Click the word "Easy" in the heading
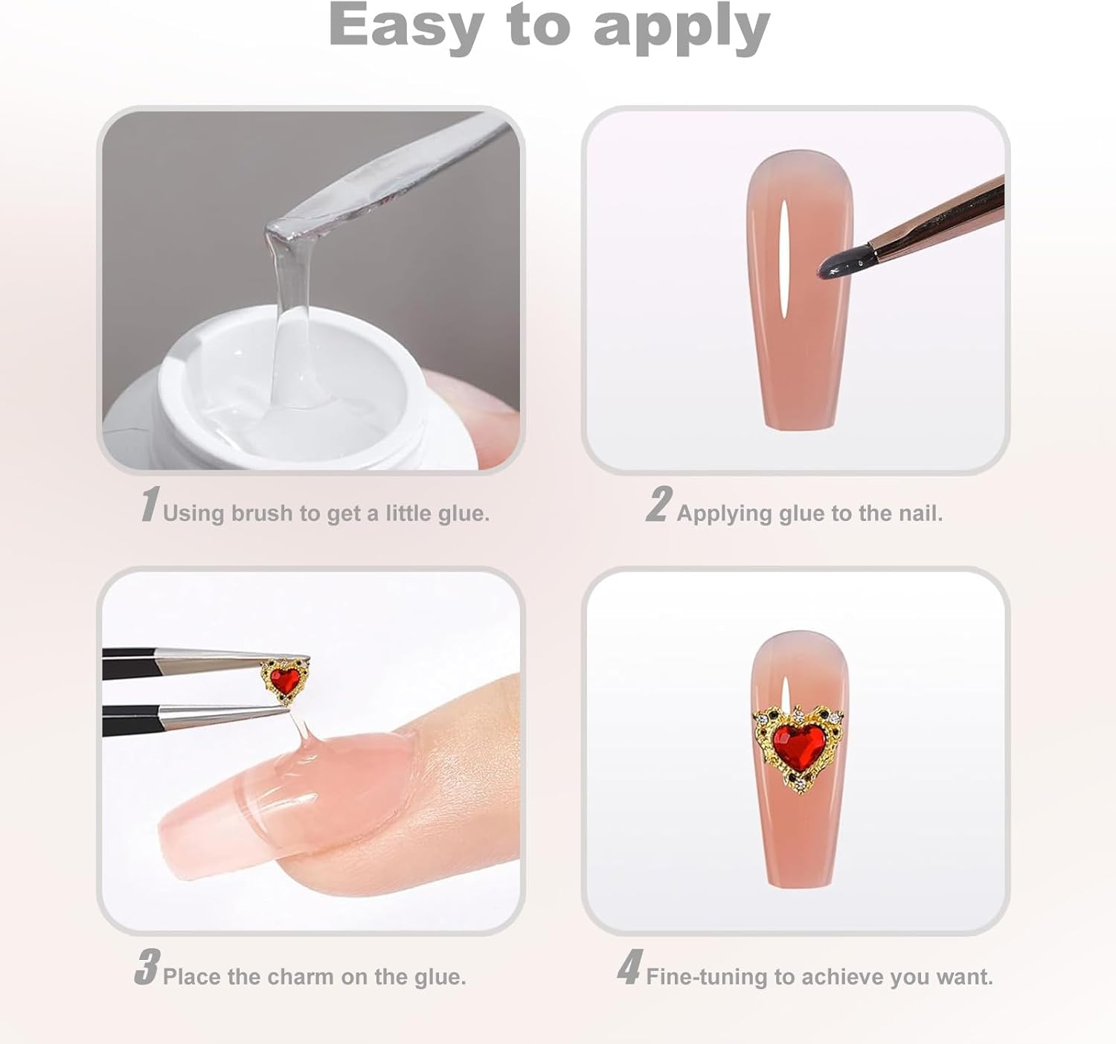click(x=405, y=27)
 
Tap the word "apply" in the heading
click(x=682, y=28)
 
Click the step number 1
click(x=150, y=505)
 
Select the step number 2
click(x=658, y=505)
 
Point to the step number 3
click(x=147, y=967)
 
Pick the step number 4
click(x=629, y=967)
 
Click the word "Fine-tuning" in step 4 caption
click(x=706, y=977)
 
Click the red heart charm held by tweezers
click(x=284, y=680)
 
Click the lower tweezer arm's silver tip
click(x=225, y=715)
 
